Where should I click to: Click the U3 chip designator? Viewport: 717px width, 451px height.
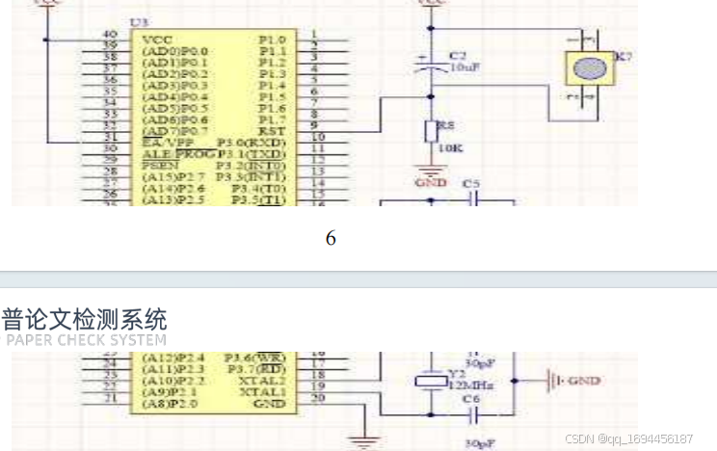[x=139, y=21]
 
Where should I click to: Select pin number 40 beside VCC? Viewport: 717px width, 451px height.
[x=110, y=36]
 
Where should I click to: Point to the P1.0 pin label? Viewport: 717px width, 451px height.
[x=272, y=39]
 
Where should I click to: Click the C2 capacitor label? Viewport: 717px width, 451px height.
[x=457, y=56]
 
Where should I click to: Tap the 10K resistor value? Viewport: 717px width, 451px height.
[x=449, y=149]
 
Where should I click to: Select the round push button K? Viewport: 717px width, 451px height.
[x=587, y=69]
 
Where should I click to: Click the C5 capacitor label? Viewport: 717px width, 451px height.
[x=471, y=183]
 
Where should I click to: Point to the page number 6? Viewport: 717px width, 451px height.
[x=331, y=238]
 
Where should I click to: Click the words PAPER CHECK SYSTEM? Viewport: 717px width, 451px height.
[x=86, y=339]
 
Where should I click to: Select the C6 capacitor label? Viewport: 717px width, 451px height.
[x=471, y=398]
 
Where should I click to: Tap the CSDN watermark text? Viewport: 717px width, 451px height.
[x=628, y=438]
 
